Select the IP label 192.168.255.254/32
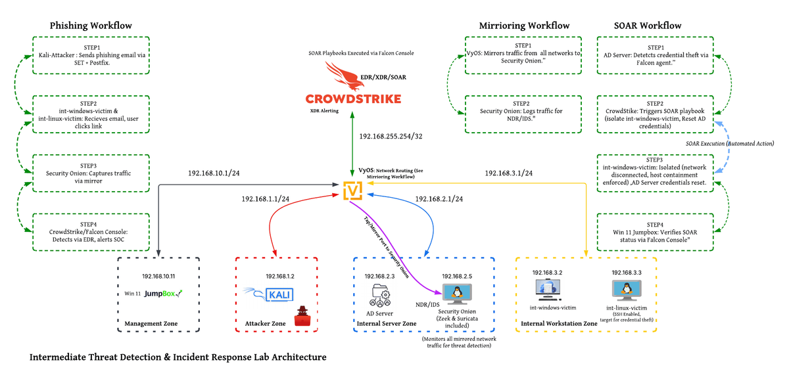coord(391,137)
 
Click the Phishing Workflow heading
coord(91,26)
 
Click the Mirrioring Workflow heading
coord(524,26)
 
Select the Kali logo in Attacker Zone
coord(276,294)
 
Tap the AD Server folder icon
coord(381,294)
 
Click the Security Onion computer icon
coord(452,293)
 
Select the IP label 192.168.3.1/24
coord(508,173)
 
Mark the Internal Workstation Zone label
coord(559,323)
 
